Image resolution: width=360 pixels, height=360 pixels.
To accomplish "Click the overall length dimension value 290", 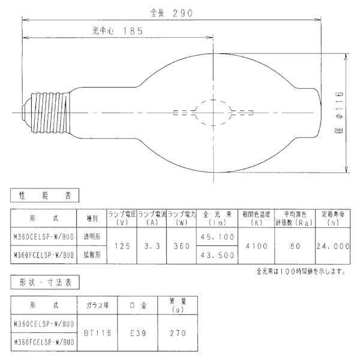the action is coord(182,13).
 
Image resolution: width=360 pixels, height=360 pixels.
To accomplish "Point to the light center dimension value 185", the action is coord(133,31).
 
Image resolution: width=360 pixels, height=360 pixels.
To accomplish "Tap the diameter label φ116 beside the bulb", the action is coord(339,105).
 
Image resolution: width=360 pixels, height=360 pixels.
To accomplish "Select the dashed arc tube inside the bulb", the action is coord(213,113).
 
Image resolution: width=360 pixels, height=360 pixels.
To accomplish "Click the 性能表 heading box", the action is coord(45,196).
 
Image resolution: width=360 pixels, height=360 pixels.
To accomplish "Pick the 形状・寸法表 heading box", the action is coord(45,283).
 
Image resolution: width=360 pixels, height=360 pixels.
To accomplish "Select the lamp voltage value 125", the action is coord(122,246).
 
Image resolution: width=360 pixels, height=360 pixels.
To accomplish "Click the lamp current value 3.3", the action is coord(152,246).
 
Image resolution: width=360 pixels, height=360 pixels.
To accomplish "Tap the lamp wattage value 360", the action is coord(182,246).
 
